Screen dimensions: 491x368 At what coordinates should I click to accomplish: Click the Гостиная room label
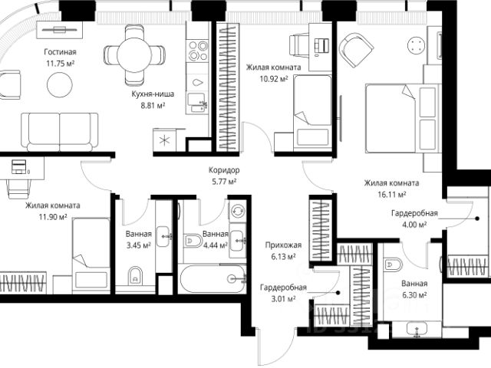pos(60,51)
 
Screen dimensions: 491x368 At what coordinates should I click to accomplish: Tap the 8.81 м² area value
pos(153,106)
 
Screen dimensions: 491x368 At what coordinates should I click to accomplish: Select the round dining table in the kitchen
pos(134,55)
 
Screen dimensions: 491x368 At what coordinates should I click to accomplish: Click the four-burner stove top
pos(198,50)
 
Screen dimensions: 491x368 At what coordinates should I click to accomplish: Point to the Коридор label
pos(224,170)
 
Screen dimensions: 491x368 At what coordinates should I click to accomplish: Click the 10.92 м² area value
pos(274,78)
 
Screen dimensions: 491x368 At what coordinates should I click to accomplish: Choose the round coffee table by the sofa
pos(60,84)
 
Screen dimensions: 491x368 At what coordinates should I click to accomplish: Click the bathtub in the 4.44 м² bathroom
pos(213,279)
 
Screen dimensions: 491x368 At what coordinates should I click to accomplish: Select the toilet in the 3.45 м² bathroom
pos(135,275)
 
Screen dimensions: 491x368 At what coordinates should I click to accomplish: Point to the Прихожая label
pos(283,245)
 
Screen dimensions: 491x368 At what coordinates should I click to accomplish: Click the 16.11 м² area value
pos(392,194)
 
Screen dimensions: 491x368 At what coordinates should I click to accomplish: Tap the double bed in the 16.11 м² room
pos(401,118)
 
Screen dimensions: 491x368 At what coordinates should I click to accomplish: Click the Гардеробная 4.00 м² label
pos(414,219)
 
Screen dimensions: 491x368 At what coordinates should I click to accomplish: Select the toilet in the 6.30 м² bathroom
pos(393,264)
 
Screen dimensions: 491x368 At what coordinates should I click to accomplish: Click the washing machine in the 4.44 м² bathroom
pos(238,212)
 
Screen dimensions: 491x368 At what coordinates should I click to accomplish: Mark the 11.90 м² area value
pos(53,217)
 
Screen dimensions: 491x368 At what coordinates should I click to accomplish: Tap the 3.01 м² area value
pos(283,299)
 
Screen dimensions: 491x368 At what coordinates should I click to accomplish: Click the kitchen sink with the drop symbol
pos(198,82)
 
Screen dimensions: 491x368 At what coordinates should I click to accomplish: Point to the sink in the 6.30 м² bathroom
pos(417,330)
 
